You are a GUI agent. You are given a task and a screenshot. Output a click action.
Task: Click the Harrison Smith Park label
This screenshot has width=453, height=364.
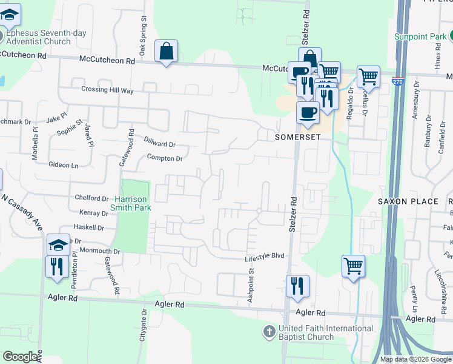click(130, 203)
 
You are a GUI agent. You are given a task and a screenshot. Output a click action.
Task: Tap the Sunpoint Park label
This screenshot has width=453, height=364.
click(420, 36)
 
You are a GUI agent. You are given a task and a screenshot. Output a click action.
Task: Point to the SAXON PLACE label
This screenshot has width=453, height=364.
click(408, 201)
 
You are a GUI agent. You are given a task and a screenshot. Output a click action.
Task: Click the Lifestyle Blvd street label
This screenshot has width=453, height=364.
click(265, 257)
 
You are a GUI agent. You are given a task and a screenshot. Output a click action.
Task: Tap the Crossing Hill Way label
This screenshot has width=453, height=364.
click(107, 90)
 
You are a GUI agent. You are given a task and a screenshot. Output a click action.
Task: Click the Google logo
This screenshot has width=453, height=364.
click(20, 357)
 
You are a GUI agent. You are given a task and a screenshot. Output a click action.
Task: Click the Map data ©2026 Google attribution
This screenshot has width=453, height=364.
click(415, 359)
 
